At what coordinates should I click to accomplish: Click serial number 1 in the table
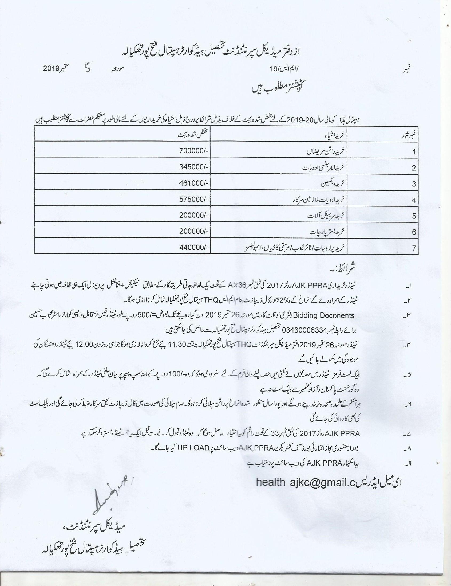(x=414, y=152)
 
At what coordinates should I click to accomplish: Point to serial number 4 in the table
(x=414, y=200)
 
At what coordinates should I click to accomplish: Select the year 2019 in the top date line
(x=51, y=69)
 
